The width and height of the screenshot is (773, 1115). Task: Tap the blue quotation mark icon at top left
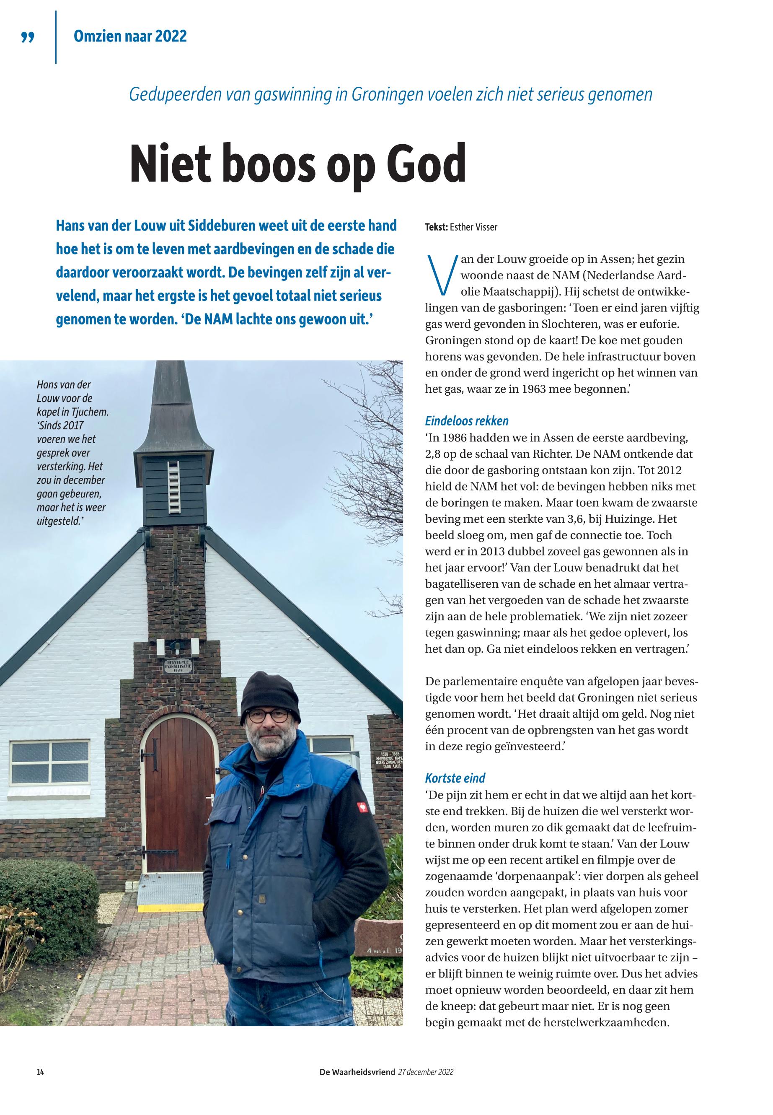click(28, 37)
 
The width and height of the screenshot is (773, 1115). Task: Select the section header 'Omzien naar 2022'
click(130, 36)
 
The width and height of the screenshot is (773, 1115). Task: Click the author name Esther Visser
click(473, 227)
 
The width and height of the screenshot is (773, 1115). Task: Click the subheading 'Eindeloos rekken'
click(466, 421)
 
